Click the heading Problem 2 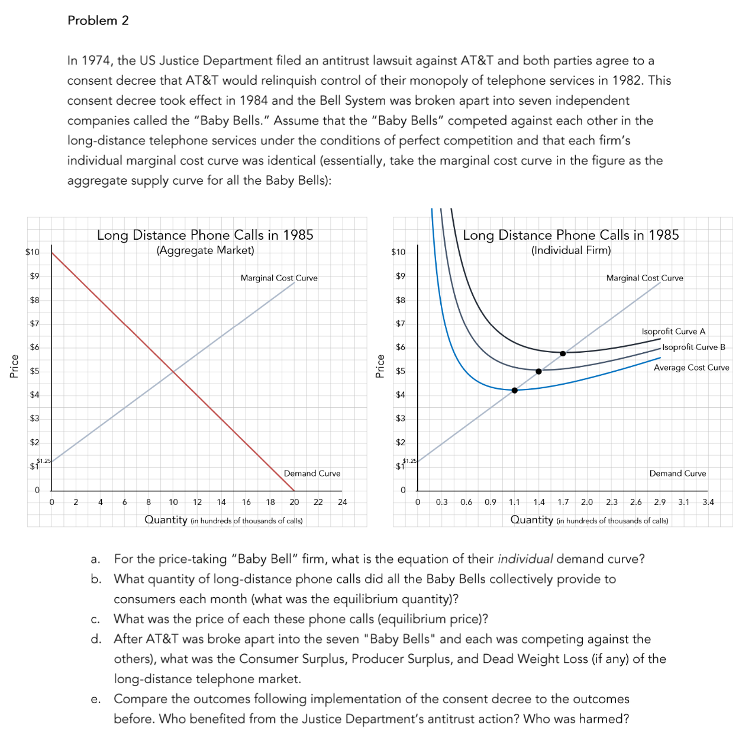(x=98, y=20)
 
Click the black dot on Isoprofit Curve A (x=563, y=353)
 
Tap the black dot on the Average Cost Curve (x=514, y=390)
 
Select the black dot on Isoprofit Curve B (x=538, y=371)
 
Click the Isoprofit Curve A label (x=673, y=331)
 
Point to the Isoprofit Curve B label (x=693, y=347)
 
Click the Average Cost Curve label (x=691, y=368)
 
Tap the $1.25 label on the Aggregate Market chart (x=44, y=461)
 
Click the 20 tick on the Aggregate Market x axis (x=294, y=502)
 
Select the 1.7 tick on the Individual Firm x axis (x=563, y=502)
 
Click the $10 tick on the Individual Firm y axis (x=398, y=252)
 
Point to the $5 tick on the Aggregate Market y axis (x=34, y=371)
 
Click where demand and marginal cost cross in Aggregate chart (x=173, y=371)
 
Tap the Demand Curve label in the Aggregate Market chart (x=312, y=474)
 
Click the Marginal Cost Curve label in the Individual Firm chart (x=644, y=278)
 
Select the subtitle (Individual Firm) (x=571, y=250)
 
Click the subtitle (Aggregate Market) (x=205, y=250)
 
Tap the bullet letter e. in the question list (x=95, y=699)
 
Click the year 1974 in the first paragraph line (x=97, y=60)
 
